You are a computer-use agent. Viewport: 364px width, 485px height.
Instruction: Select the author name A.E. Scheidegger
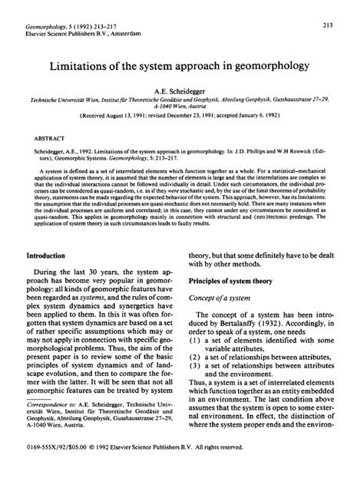[181, 90]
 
